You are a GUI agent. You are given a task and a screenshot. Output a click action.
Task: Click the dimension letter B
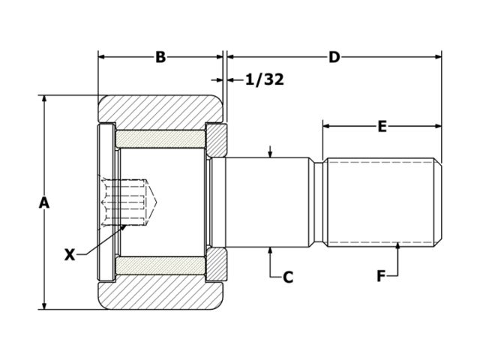pyautogui.click(x=160, y=58)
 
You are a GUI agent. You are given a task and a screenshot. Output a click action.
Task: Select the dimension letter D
pyautogui.click(x=334, y=58)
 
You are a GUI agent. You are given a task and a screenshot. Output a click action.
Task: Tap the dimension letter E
pyautogui.click(x=382, y=127)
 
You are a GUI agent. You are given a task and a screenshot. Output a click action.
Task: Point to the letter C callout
pyautogui.click(x=287, y=277)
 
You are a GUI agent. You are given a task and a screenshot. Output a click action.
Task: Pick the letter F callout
pyautogui.click(x=381, y=277)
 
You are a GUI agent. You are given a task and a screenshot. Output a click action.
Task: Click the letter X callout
pyautogui.click(x=70, y=255)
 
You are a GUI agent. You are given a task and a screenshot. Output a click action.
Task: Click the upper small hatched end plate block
pyautogui.click(x=217, y=139)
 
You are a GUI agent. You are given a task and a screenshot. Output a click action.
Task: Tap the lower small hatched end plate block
pyautogui.click(x=217, y=265)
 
